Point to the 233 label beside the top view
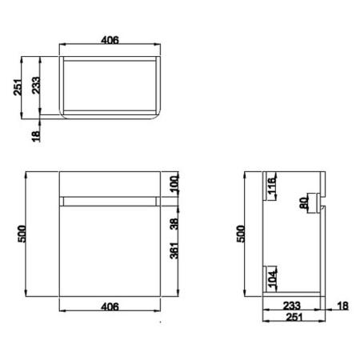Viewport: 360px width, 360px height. (36, 86)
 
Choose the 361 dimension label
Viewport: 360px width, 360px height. (174, 256)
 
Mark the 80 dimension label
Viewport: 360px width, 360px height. (304, 203)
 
